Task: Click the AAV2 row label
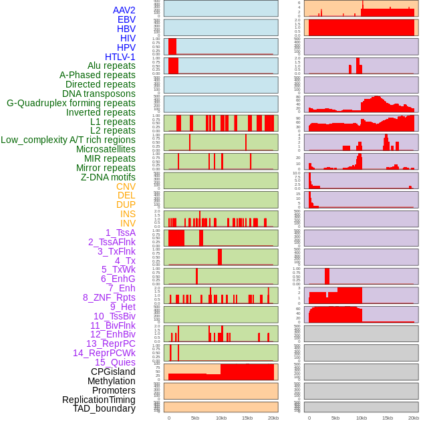(x=124, y=10)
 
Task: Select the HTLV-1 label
(x=120, y=57)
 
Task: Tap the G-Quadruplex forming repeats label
(x=71, y=103)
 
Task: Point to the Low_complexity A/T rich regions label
(x=68, y=140)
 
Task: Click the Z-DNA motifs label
(x=108, y=177)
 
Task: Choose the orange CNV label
(x=126, y=186)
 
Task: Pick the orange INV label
(x=128, y=223)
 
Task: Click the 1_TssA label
(x=120, y=233)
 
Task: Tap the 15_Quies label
(x=115, y=362)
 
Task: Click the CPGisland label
(x=113, y=372)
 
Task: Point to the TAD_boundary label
(x=104, y=408)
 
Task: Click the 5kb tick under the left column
(x=195, y=418)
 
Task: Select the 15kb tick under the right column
(x=387, y=418)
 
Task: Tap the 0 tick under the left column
(x=168, y=418)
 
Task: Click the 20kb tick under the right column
(x=414, y=418)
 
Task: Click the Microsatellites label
(x=106, y=149)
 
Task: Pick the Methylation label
(x=107, y=381)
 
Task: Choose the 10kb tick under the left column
(x=221, y=418)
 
